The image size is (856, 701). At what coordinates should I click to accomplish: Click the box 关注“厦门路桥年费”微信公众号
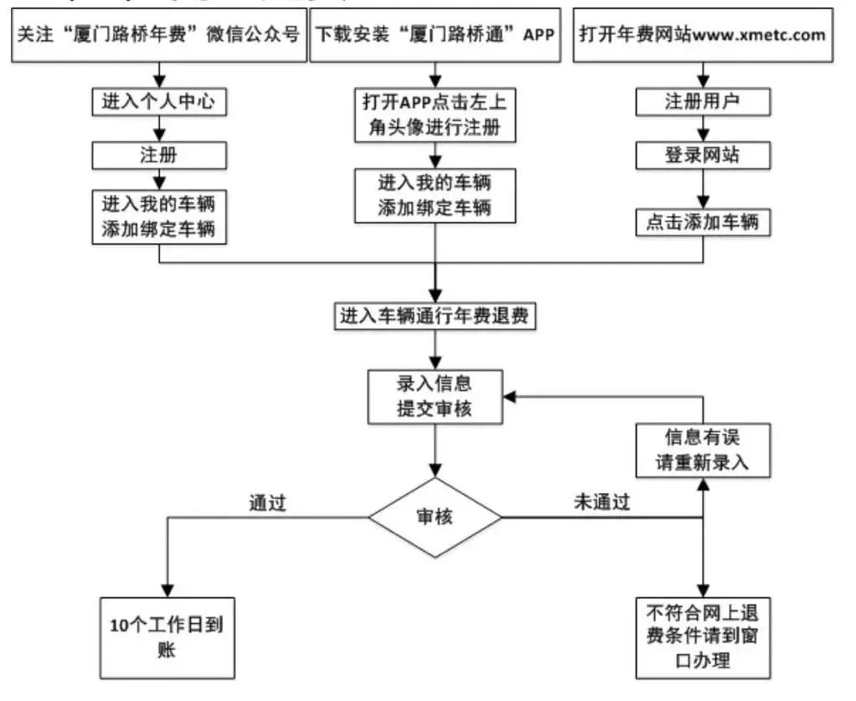click(158, 35)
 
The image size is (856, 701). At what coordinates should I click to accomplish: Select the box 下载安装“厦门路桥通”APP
click(435, 35)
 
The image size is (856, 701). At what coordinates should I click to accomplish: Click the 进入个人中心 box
click(158, 102)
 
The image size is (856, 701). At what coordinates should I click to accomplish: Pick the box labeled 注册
click(158, 155)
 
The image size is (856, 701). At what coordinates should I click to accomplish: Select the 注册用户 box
click(703, 102)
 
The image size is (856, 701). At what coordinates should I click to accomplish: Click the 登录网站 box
click(703, 155)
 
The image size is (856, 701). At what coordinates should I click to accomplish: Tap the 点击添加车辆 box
click(703, 221)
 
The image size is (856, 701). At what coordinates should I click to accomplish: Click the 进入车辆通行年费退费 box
click(435, 317)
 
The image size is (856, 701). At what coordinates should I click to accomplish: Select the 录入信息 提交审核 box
click(435, 396)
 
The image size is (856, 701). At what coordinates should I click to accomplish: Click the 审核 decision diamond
click(435, 518)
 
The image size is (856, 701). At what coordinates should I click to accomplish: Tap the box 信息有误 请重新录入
click(703, 451)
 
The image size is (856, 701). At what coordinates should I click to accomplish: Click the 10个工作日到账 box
click(167, 637)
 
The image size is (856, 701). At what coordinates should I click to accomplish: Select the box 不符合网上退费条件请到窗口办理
click(703, 637)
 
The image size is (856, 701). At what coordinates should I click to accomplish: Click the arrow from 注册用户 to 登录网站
click(703, 129)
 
